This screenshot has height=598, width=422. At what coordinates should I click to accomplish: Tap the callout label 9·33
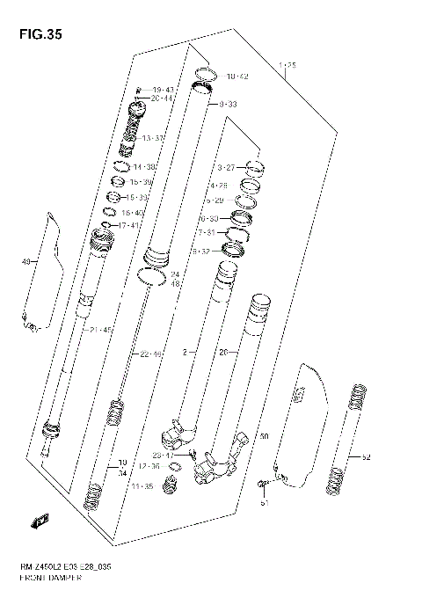point(228,105)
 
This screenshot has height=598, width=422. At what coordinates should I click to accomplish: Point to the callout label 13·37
point(153,138)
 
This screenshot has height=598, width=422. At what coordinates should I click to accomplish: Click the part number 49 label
point(25,261)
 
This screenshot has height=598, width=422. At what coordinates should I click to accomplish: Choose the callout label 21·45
point(101,329)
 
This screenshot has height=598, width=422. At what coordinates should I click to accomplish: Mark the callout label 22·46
point(152,354)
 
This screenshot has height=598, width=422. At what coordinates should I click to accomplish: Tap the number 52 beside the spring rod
point(366,457)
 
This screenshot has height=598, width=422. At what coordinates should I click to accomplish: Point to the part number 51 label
point(264,504)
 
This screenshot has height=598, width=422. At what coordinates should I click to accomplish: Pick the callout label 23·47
point(163,455)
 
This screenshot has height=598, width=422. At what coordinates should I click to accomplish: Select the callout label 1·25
point(287,65)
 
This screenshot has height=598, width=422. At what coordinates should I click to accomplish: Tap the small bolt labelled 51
point(262,485)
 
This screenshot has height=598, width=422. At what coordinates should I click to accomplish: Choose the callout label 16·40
point(133,213)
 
